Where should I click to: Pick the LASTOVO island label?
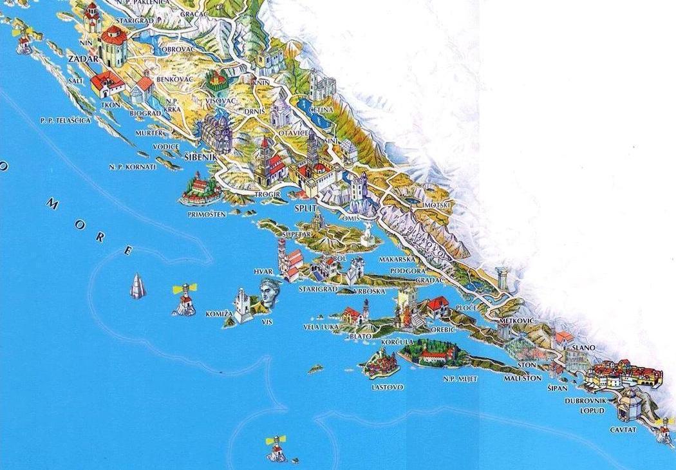387,387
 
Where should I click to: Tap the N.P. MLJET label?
460,379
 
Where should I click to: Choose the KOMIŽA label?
218,314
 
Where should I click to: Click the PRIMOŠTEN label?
207,214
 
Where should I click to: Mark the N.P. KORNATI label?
132,167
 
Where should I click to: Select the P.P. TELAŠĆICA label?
65,120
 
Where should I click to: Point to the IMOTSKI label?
438,205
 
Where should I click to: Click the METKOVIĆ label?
517,320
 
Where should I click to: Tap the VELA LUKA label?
321,327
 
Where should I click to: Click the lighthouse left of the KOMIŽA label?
184,300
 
